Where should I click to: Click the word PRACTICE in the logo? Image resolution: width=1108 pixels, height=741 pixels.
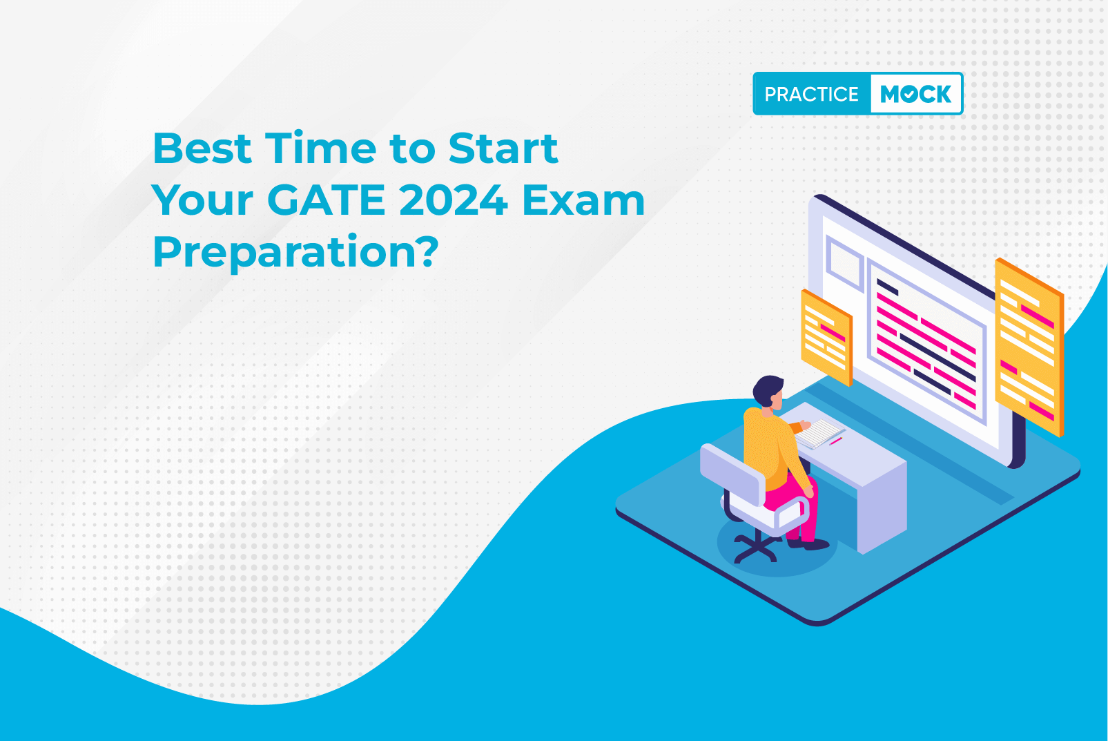pyautogui.click(x=811, y=94)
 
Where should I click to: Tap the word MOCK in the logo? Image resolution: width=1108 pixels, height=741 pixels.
pyautogui.click(x=915, y=94)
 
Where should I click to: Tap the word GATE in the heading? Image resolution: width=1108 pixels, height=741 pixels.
pyautogui.click(x=326, y=200)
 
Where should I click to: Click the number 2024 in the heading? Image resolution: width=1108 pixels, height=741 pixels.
pyautogui.click(x=453, y=200)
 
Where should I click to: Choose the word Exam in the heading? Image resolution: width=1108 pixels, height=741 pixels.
pyautogui.click(x=583, y=200)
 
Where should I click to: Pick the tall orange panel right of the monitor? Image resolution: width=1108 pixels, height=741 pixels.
pyautogui.click(x=1029, y=346)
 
